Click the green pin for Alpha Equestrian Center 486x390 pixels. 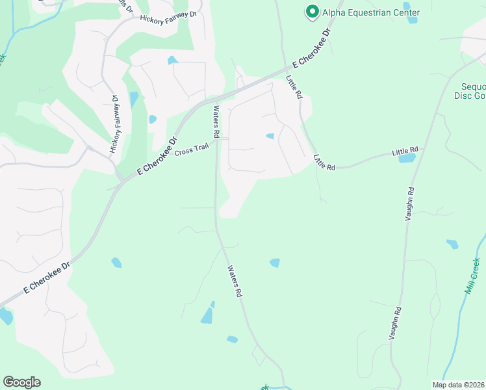(312, 12)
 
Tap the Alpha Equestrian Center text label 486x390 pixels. (372, 12)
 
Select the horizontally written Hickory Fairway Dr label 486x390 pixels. (168, 15)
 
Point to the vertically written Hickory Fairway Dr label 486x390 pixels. (115, 124)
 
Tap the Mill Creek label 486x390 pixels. (472, 276)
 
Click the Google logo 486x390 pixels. (21, 382)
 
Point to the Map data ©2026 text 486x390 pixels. (459, 385)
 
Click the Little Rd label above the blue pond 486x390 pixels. (406, 151)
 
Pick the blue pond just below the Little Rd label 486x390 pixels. (407, 158)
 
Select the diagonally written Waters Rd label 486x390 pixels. (235, 281)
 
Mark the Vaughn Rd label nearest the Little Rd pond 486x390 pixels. (410, 205)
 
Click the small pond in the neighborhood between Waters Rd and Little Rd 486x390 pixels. (270, 136)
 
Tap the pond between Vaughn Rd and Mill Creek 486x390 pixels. (452, 244)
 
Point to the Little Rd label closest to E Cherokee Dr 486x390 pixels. (294, 86)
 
